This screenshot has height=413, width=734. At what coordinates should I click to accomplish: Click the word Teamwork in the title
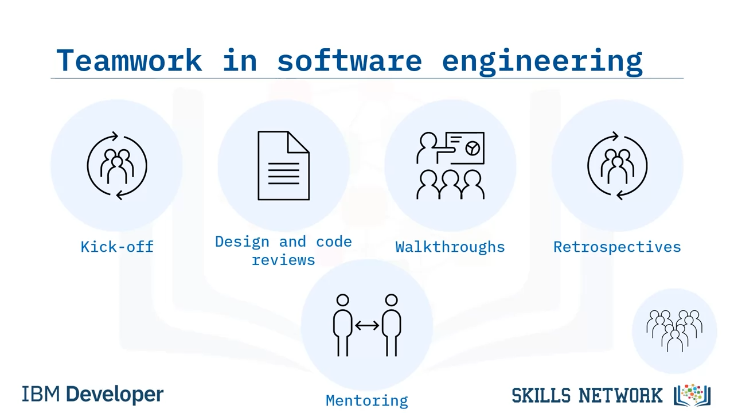click(x=129, y=60)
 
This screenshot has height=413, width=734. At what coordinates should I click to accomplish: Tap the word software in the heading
click(x=349, y=60)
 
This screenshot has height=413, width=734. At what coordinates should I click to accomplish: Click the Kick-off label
click(x=117, y=247)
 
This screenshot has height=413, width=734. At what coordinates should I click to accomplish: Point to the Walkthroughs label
click(x=450, y=247)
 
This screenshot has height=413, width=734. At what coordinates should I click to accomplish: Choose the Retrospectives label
click(x=617, y=247)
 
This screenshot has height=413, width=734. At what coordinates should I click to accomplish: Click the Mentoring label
click(x=366, y=400)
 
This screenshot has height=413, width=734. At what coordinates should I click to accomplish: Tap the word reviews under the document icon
click(x=283, y=260)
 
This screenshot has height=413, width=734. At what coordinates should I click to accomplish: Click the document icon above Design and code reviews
click(x=283, y=166)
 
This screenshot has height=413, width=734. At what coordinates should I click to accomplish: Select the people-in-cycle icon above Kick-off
click(x=117, y=166)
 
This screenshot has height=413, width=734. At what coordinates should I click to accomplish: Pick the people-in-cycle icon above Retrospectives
click(x=618, y=166)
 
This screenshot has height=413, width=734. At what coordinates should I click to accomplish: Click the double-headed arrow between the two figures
click(x=367, y=325)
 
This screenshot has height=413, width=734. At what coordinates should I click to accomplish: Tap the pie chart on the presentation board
click(x=473, y=149)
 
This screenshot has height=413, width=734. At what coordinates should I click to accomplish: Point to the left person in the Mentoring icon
click(x=343, y=325)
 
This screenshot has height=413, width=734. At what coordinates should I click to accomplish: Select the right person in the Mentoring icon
click(x=392, y=325)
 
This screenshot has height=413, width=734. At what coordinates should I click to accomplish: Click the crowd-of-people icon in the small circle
click(x=674, y=331)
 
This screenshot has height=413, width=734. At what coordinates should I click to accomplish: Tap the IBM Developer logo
click(x=92, y=394)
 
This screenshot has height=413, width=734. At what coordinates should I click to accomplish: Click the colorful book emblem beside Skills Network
click(x=692, y=395)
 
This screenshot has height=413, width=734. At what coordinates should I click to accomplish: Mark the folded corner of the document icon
click(x=298, y=142)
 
